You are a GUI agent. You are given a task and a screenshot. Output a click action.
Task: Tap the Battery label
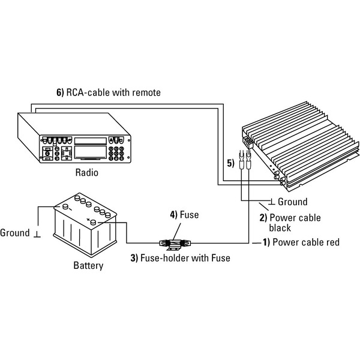pyautogui.click(x=88, y=265)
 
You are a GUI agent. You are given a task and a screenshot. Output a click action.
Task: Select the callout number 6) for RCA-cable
pyautogui.click(x=59, y=92)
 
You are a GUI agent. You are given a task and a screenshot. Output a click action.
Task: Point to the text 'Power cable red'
pyautogui.click(x=306, y=242)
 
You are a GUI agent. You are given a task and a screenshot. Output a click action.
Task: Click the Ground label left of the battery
pyautogui.click(x=15, y=232)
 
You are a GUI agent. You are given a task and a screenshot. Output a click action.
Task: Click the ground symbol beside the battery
pyautogui.click(x=37, y=233)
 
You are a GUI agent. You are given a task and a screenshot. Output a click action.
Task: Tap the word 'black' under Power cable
pyautogui.click(x=280, y=227)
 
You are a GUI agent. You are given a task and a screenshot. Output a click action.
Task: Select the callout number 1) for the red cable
pyautogui.click(x=266, y=242)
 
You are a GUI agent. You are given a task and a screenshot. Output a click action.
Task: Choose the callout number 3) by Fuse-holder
pyautogui.click(x=135, y=259)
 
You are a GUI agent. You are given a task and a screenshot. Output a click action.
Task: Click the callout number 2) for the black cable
pyautogui.click(x=262, y=217)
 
